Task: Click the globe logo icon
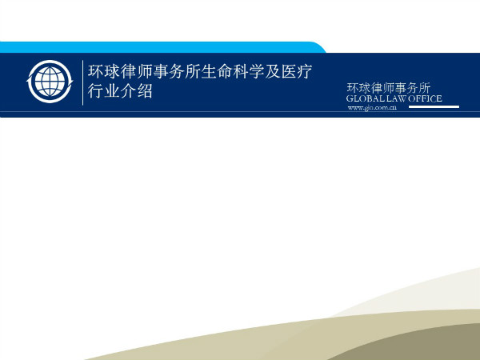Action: [x=50, y=82]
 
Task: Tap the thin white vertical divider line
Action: [x=83, y=82]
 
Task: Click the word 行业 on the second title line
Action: [x=104, y=91]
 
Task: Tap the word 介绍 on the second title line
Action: [x=136, y=91]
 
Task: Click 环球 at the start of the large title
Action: [x=104, y=71]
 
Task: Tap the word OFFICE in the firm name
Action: [x=426, y=98]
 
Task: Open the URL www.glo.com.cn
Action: [x=372, y=107]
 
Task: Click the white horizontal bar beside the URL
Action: [x=434, y=107]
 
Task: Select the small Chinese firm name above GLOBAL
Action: [x=389, y=88]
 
